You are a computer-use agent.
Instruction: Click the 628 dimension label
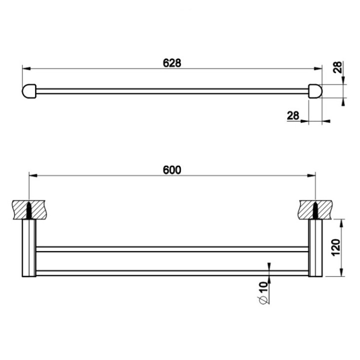coord(171,63)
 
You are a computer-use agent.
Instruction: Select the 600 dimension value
coord(171,169)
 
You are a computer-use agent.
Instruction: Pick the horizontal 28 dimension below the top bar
coord(293,115)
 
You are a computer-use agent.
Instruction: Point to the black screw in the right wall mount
coord(315,209)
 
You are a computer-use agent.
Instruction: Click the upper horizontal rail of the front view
coord(172,248)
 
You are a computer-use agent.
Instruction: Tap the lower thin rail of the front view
coord(172,272)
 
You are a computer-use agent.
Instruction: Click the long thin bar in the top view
coord(172,91)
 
